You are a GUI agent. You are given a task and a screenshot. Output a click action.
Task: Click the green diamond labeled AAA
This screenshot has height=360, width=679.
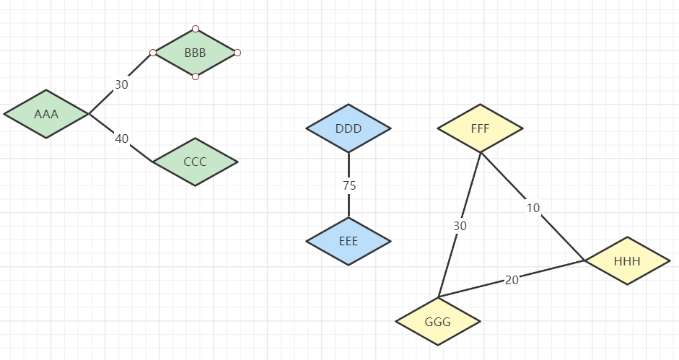(46, 114)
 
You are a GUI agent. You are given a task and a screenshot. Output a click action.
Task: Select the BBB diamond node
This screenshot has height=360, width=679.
(195, 53)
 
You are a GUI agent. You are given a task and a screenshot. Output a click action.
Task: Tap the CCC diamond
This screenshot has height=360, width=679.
(195, 162)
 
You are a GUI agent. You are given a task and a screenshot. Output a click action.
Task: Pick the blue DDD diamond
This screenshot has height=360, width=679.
(349, 129)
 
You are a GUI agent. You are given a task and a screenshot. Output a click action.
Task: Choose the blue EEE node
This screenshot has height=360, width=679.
(349, 241)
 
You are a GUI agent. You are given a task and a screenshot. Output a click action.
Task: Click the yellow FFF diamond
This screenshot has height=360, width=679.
(480, 129)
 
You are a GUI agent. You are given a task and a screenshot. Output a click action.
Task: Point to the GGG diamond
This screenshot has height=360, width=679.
(438, 322)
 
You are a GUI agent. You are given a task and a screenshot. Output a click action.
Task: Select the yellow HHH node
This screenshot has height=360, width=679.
(627, 260)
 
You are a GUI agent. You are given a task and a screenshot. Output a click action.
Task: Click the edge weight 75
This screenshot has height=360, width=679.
(349, 185)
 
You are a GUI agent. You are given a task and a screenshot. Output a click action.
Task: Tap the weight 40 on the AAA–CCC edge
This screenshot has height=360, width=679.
(121, 139)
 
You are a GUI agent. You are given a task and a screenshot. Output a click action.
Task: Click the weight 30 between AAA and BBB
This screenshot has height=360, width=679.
(121, 84)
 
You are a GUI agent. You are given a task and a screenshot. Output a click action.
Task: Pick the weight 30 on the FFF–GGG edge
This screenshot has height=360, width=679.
(460, 226)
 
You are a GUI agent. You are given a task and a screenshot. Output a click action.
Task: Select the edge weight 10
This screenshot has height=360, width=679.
(533, 208)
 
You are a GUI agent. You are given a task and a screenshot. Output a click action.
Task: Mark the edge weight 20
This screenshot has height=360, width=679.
(512, 280)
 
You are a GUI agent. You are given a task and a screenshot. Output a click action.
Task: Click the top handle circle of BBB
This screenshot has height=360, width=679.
(196, 30)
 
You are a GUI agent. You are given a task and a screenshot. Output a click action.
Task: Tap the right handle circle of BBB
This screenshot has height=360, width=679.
(237, 53)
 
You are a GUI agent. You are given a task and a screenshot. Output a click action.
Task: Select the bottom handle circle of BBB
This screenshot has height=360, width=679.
(196, 76)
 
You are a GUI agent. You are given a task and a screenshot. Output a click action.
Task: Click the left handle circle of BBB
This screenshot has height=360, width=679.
(153, 53)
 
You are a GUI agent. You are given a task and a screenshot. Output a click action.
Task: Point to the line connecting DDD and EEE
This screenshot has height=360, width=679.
(349, 206)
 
